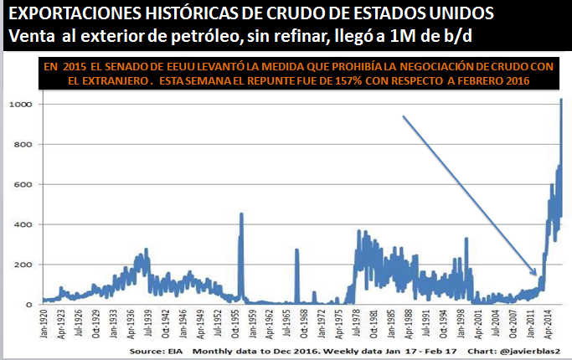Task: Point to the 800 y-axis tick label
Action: pyautogui.click(x=22, y=144)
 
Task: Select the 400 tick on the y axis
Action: pyautogui.click(x=22, y=224)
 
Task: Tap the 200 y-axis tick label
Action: pyautogui.click(x=22, y=265)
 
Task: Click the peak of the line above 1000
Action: pyautogui.click(x=559, y=100)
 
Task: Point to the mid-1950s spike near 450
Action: pyautogui.click(x=241, y=214)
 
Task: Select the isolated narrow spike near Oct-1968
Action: pyautogui.click(x=296, y=249)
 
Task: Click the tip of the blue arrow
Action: pyautogui.click(x=536, y=275)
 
